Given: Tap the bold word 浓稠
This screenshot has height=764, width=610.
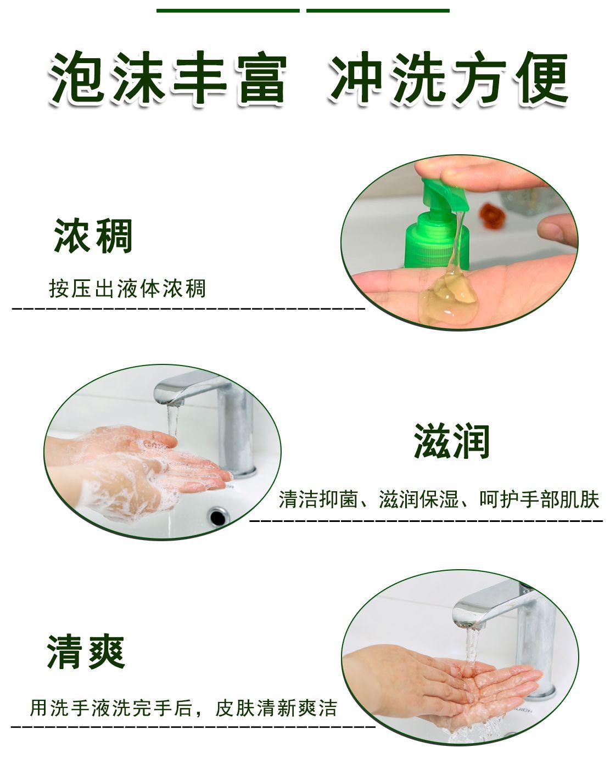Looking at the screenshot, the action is (x=93, y=236).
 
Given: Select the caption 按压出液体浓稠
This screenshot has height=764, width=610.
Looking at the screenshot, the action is (x=127, y=288).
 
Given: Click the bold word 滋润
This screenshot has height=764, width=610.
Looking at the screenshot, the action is (x=451, y=441).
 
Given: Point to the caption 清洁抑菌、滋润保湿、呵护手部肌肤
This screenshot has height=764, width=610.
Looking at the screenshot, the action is (x=439, y=499).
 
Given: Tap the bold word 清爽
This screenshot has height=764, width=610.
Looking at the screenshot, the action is (x=86, y=652).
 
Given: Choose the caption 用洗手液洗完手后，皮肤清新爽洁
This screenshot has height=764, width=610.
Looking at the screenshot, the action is (x=183, y=708).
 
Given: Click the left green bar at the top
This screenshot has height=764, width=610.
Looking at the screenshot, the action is (x=228, y=10).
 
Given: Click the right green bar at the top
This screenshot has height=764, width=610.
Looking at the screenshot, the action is (x=378, y=10).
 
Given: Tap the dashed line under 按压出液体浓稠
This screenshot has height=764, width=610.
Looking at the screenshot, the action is (x=189, y=308).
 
